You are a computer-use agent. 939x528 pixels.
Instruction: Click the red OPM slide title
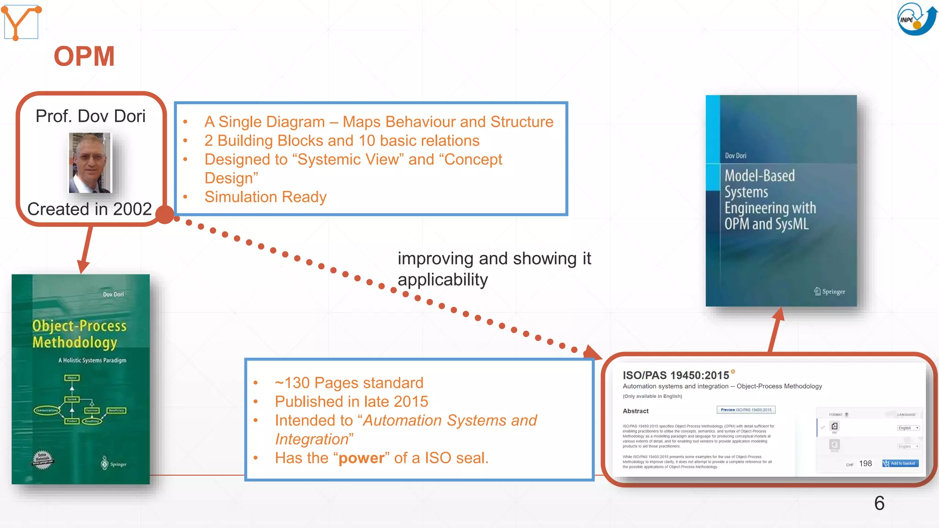click(x=84, y=56)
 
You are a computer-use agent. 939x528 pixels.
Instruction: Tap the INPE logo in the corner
click(x=917, y=19)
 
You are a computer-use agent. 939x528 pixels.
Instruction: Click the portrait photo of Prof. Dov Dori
click(x=90, y=163)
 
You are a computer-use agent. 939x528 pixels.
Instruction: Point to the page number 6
click(x=879, y=503)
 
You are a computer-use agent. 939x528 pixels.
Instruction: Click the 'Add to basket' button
click(x=900, y=463)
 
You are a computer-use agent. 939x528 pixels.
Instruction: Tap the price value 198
click(x=865, y=463)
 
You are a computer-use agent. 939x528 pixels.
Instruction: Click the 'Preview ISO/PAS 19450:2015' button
click(x=746, y=410)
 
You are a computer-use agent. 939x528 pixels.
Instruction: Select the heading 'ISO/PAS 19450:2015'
click(x=675, y=375)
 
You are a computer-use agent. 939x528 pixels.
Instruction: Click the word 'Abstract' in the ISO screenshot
click(x=635, y=411)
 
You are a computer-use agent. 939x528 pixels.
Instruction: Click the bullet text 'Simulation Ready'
click(x=265, y=197)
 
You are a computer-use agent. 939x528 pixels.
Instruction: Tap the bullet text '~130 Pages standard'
click(x=349, y=383)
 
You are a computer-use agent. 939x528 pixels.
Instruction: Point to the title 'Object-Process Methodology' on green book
click(x=79, y=334)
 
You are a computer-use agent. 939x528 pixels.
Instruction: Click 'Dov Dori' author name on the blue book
click(x=735, y=156)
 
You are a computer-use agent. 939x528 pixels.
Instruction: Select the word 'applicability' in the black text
click(x=442, y=280)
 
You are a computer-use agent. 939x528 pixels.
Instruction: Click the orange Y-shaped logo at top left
click(x=21, y=22)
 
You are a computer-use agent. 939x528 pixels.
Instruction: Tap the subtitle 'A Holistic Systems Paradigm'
click(x=92, y=360)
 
